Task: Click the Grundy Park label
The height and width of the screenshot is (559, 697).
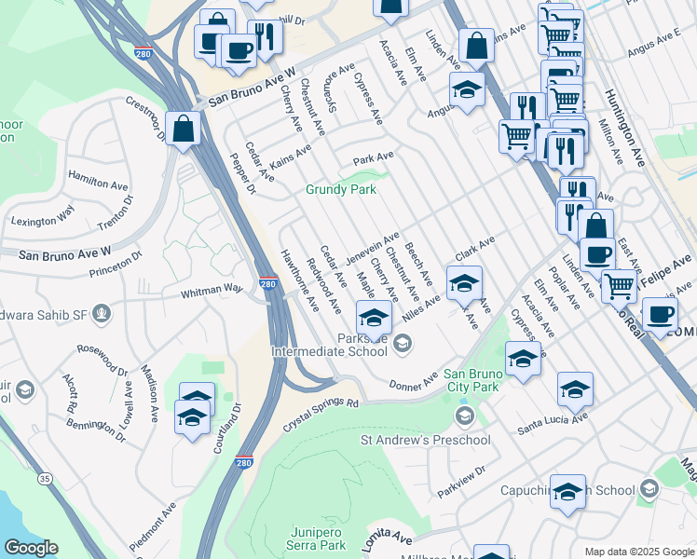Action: click(x=341, y=189)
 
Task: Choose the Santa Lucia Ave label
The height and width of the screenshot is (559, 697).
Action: click(x=553, y=424)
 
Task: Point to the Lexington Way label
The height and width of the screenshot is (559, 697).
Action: click(x=42, y=221)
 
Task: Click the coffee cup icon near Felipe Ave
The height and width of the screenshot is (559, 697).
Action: click(x=660, y=316)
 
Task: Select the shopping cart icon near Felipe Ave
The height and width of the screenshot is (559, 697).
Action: click(x=618, y=286)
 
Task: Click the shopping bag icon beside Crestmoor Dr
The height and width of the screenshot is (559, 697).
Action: click(x=184, y=129)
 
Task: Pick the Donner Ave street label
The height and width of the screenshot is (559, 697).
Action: click(x=413, y=382)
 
